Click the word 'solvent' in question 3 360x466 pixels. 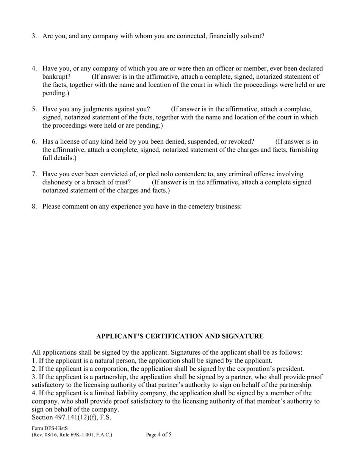[252, 36]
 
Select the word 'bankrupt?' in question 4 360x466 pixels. [56, 77]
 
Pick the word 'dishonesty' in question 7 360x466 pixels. [58, 182]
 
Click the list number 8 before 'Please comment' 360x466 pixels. [34, 206]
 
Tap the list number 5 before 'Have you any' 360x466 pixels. [34, 109]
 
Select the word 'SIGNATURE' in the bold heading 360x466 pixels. [245, 336]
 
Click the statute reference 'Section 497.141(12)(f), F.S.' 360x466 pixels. [72, 418]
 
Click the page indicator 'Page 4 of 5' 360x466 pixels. [159, 435]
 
